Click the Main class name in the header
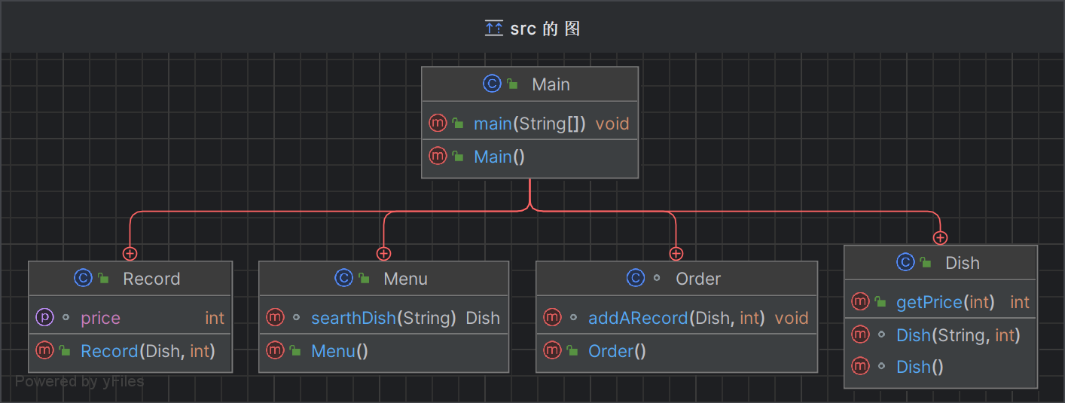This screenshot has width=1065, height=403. tap(551, 84)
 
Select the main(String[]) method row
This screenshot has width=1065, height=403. tap(529, 124)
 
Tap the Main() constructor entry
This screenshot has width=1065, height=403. tap(499, 157)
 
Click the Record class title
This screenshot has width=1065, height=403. tap(151, 279)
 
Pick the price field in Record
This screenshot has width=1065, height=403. tap(100, 318)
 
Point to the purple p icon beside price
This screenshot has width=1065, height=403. tap(44, 318)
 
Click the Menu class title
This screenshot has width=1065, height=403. tap(405, 279)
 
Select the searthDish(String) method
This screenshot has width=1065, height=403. tap(383, 318)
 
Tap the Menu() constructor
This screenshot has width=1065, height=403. tap(339, 351)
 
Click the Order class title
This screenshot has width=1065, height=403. tap(698, 279)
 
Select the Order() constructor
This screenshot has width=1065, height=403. tap(617, 351)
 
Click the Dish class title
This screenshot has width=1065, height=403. tap(962, 263)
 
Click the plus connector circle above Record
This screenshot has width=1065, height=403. tap(130, 254)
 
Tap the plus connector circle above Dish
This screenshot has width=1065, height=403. tap(940, 238)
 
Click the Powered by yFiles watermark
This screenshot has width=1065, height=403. tap(80, 381)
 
